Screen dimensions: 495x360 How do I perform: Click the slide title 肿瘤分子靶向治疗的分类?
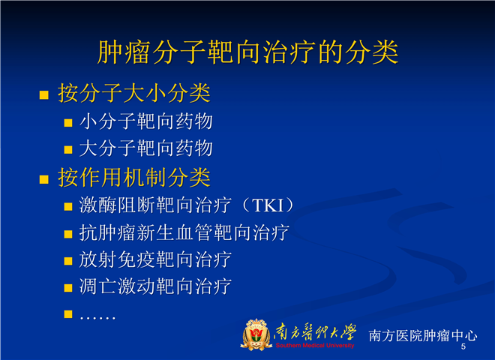click(247, 52)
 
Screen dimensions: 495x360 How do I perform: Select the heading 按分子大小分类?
click(134, 94)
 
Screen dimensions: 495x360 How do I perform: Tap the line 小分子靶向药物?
click(146, 121)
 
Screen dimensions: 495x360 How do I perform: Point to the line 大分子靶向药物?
click(146, 148)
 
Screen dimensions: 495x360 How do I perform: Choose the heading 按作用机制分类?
click(134, 178)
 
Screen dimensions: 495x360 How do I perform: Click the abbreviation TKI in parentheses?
click(268, 205)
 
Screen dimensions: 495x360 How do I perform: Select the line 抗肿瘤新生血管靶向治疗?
click(184, 232)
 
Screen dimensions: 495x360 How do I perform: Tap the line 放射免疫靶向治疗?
click(155, 259)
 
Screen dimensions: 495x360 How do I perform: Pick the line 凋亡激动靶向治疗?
click(155, 286)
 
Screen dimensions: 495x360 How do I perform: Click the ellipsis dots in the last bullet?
click(97, 317)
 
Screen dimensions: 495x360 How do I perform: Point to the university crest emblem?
click(256, 334)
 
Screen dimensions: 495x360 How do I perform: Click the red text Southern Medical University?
click(315, 346)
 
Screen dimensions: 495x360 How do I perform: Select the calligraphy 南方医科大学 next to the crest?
click(315, 332)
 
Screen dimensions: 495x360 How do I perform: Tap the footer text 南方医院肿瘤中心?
click(423, 335)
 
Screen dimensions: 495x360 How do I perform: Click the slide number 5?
click(463, 346)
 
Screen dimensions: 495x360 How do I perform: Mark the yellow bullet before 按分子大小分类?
click(44, 95)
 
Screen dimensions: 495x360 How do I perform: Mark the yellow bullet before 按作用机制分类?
click(44, 179)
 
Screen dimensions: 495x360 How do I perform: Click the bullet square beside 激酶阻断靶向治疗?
click(68, 206)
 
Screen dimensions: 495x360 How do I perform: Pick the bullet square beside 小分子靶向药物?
click(68, 123)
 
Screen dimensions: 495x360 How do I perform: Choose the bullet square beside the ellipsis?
click(68, 314)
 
